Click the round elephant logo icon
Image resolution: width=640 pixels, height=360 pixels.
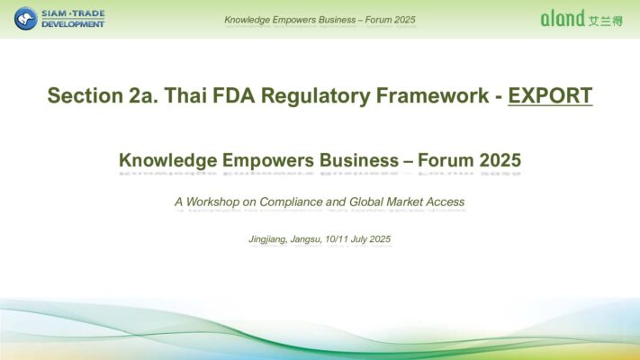point(26,18)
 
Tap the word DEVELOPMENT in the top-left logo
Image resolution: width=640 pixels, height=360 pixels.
point(73,24)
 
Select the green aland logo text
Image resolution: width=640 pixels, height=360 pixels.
point(563,18)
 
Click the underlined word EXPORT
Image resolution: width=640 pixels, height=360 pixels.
point(550,95)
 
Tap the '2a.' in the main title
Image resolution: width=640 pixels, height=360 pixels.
point(144,95)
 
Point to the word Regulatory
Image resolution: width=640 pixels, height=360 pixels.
point(315,96)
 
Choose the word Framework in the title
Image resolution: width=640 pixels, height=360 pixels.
point(432,95)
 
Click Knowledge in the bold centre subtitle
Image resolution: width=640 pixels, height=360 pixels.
point(167,160)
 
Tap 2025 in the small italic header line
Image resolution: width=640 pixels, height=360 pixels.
point(402,20)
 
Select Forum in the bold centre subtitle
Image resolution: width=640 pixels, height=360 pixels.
point(446,160)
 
